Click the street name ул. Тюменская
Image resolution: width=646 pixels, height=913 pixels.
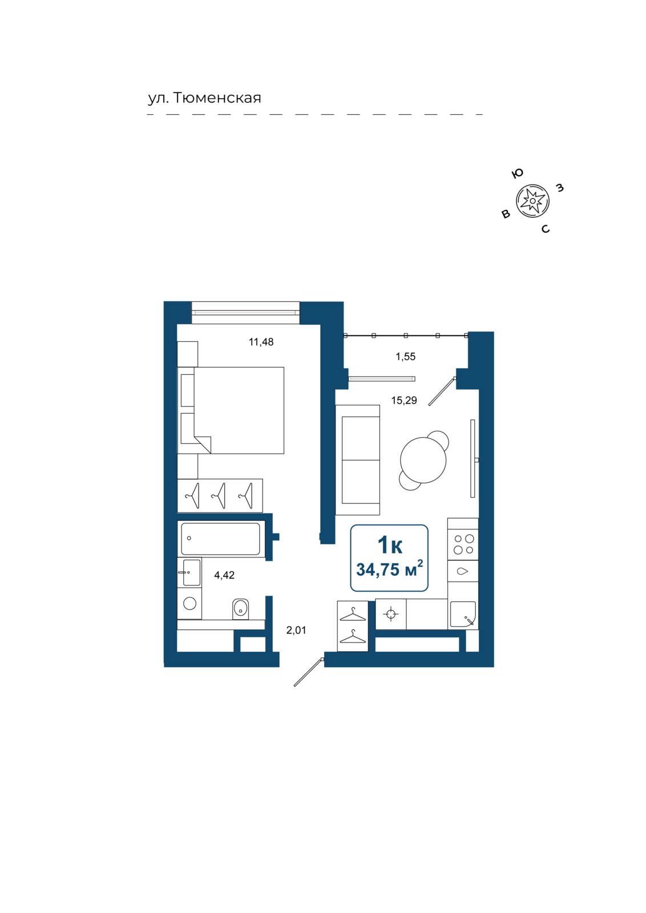pos(204,98)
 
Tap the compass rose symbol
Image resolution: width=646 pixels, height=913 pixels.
pos(532,201)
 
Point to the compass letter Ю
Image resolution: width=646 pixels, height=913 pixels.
pos(517,173)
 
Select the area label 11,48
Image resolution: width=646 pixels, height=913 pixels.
pos(261,342)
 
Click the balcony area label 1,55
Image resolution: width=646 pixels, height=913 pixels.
pos(405,357)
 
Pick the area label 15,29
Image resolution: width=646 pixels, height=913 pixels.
pos(404,401)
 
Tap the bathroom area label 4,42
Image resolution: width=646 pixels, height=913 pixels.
pos(224,575)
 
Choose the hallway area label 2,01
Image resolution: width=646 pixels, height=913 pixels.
pos(296,630)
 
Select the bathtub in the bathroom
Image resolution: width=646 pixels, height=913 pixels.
pos(220,539)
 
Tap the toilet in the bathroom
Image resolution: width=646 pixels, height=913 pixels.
pos(240,609)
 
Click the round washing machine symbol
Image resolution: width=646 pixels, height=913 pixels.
pos(189,603)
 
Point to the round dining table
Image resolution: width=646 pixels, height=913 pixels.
pos(423,460)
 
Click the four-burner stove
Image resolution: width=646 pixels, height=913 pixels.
pos(463,544)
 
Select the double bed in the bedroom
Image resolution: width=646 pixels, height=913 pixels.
pos(231,410)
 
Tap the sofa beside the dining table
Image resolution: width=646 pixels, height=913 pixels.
pos(357,460)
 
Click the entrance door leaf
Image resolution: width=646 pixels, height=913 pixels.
pos(309,672)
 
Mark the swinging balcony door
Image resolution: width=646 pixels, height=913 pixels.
pos(442,391)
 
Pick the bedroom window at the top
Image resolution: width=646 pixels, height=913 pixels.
pos(245,313)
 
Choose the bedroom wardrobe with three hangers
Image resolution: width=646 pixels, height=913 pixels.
pos(220,496)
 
